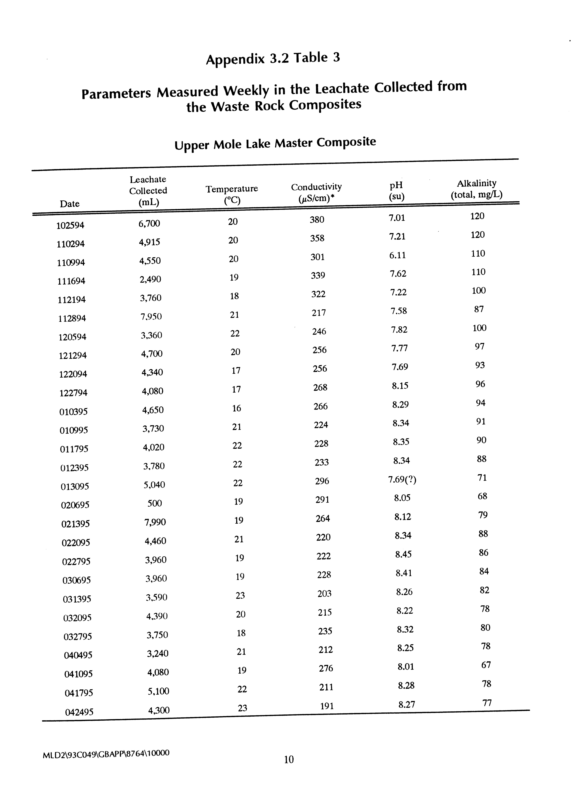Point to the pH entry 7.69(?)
tap(402, 480)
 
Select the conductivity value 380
tap(317, 220)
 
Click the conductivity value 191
tap(327, 706)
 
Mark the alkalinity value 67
tap(486, 665)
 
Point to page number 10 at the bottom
tap(289, 759)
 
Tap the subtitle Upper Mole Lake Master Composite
tap(275, 143)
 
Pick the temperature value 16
tap(237, 408)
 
